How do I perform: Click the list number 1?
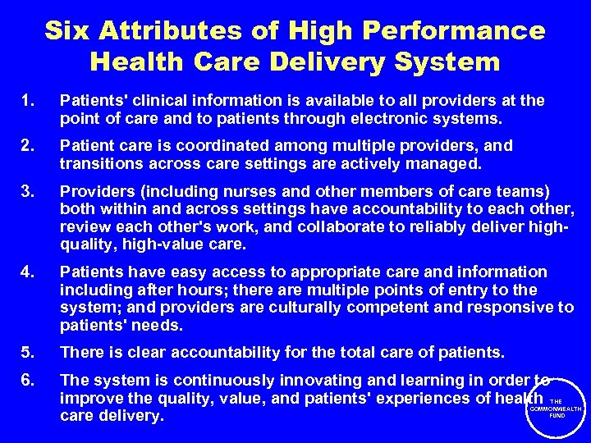coord(30,100)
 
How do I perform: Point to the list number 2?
coord(30,145)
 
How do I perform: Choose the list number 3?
coord(30,190)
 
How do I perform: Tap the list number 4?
coord(30,272)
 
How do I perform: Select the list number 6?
coord(30,380)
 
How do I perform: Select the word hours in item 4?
coord(190,290)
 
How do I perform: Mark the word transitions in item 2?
coord(97,163)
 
